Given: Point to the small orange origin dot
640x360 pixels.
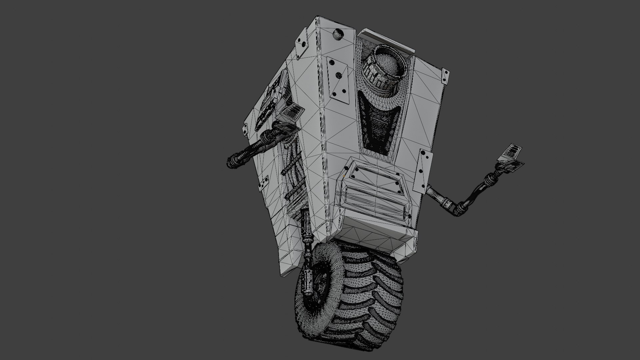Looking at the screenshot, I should click(x=344, y=175).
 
